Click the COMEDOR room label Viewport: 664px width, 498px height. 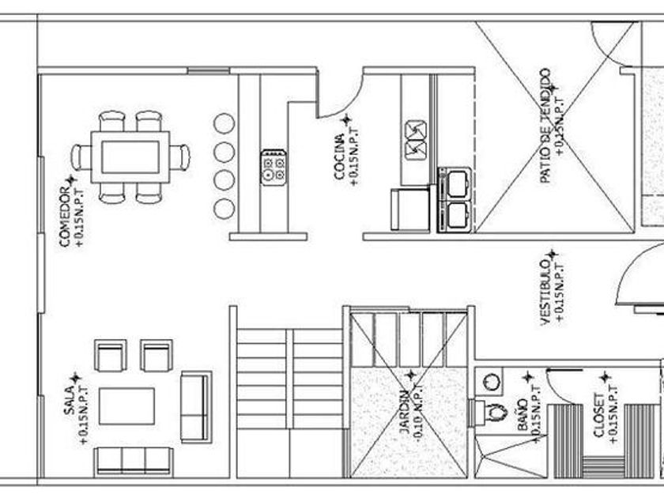[x=66, y=216]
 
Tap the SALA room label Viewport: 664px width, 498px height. [x=70, y=401]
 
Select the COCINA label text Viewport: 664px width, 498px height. [x=340, y=157]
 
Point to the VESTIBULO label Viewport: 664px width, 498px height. [x=545, y=290]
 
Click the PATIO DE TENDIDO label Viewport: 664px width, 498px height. [x=545, y=126]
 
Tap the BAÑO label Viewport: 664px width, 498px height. [x=523, y=413]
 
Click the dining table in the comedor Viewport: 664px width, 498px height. [x=130, y=156]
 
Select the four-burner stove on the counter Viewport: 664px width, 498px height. [x=273, y=167]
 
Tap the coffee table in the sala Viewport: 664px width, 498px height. [x=126, y=405]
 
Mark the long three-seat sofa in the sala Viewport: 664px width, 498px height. [x=133, y=461]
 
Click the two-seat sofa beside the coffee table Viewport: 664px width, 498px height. [x=195, y=406]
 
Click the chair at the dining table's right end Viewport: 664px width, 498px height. [x=182, y=157]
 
